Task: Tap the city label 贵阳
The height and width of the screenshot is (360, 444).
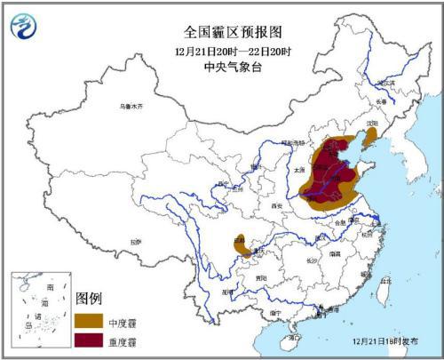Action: tap(260, 277)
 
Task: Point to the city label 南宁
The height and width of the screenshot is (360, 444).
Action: tap(275, 313)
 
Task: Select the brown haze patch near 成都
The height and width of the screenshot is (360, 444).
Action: tap(242, 244)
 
